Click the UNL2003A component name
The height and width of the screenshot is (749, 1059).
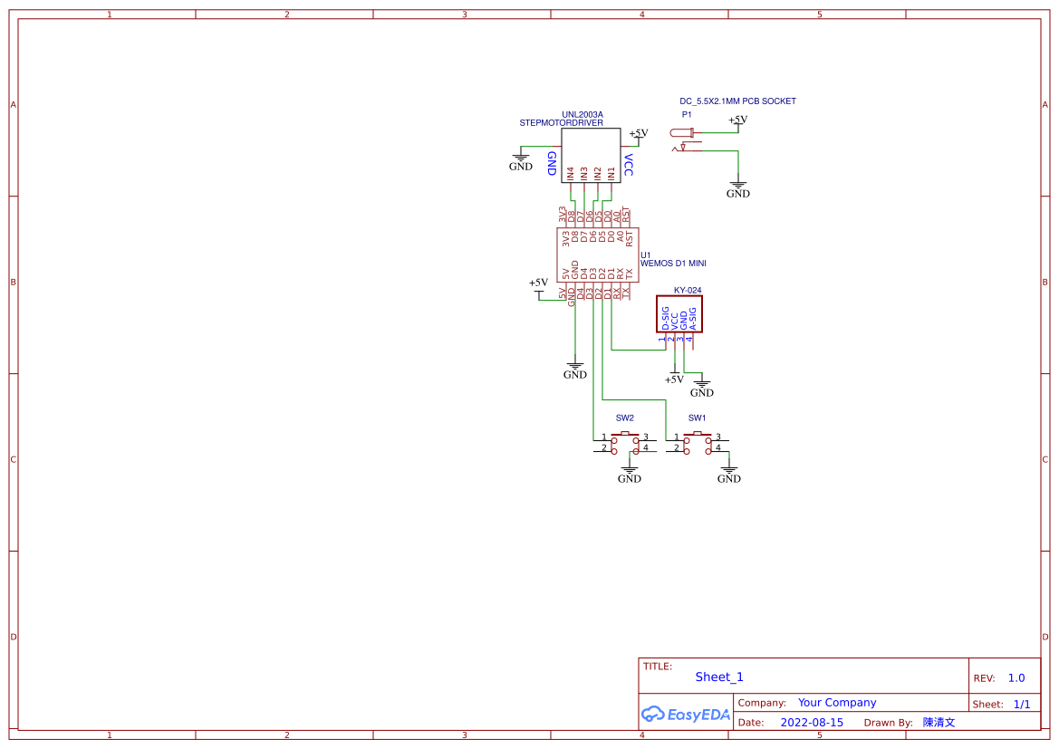click(582, 114)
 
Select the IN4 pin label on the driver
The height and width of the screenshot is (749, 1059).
click(570, 172)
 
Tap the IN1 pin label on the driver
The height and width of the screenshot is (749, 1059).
click(611, 172)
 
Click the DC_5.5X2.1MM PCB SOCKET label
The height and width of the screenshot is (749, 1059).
click(737, 101)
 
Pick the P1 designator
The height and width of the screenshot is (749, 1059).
click(687, 115)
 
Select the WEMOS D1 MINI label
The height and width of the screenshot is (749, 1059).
click(673, 264)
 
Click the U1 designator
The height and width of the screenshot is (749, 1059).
click(645, 254)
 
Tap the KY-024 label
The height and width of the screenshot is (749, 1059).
click(688, 291)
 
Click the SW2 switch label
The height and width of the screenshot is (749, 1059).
click(625, 418)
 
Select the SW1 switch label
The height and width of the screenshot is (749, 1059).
click(697, 418)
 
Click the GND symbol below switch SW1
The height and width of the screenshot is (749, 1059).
click(728, 475)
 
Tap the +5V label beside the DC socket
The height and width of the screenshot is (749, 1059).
click(738, 120)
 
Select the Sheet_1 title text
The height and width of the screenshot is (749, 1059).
click(719, 677)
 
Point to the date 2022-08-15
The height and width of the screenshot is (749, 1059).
click(812, 723)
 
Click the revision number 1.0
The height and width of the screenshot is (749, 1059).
click(1016, 677)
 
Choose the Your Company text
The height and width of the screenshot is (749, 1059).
click(837, 702)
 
